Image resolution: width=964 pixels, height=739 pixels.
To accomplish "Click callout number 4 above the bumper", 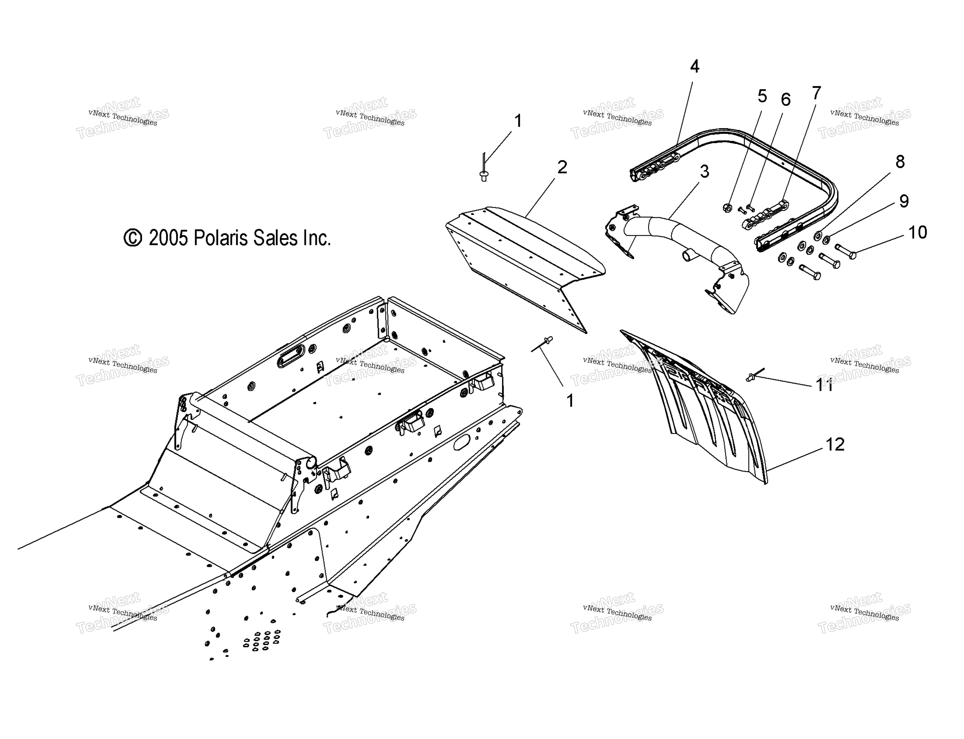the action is point(694,66).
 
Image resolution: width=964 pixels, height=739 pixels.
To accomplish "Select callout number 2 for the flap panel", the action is point(562,167).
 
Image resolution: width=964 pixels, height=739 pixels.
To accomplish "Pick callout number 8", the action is point(900,162).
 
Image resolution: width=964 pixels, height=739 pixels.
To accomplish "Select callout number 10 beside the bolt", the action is point(917,232).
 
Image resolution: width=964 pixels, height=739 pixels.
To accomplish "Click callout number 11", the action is point(824,385).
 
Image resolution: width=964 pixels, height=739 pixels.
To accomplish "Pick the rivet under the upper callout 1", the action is point(484,169).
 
